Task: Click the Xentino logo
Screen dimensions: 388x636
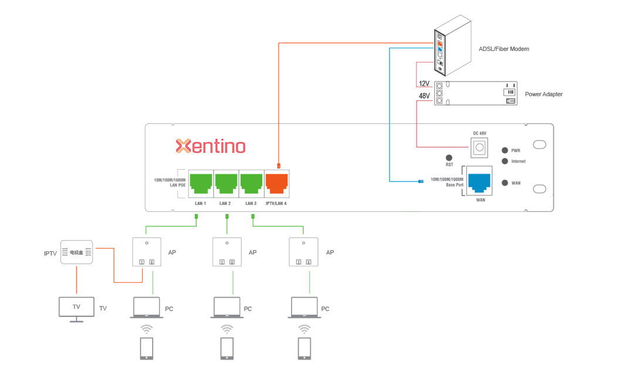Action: [x=211, y=146]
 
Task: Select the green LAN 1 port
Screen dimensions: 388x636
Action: [x=201, y=184]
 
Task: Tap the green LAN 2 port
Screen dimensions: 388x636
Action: [x=226, y=184]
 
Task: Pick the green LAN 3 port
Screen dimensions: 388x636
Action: [x=251, y=184]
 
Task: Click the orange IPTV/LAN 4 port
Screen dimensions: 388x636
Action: [x=276, y=184]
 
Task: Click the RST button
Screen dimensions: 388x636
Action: [x=449, y=157]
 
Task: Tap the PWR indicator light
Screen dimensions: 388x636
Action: [x=504, y=151]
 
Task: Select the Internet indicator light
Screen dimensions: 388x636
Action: [x=504, y=161]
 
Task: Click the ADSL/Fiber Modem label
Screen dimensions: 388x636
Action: [x=503, y=49]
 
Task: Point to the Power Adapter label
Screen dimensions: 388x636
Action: [x=543, y=94]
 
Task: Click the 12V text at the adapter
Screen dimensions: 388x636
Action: [x=424, y=84]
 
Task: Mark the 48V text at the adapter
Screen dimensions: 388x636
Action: [x=424, y=95]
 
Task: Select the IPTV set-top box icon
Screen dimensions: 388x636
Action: [x=76, y=252]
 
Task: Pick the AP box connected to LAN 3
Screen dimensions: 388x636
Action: [x=304, y=252]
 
